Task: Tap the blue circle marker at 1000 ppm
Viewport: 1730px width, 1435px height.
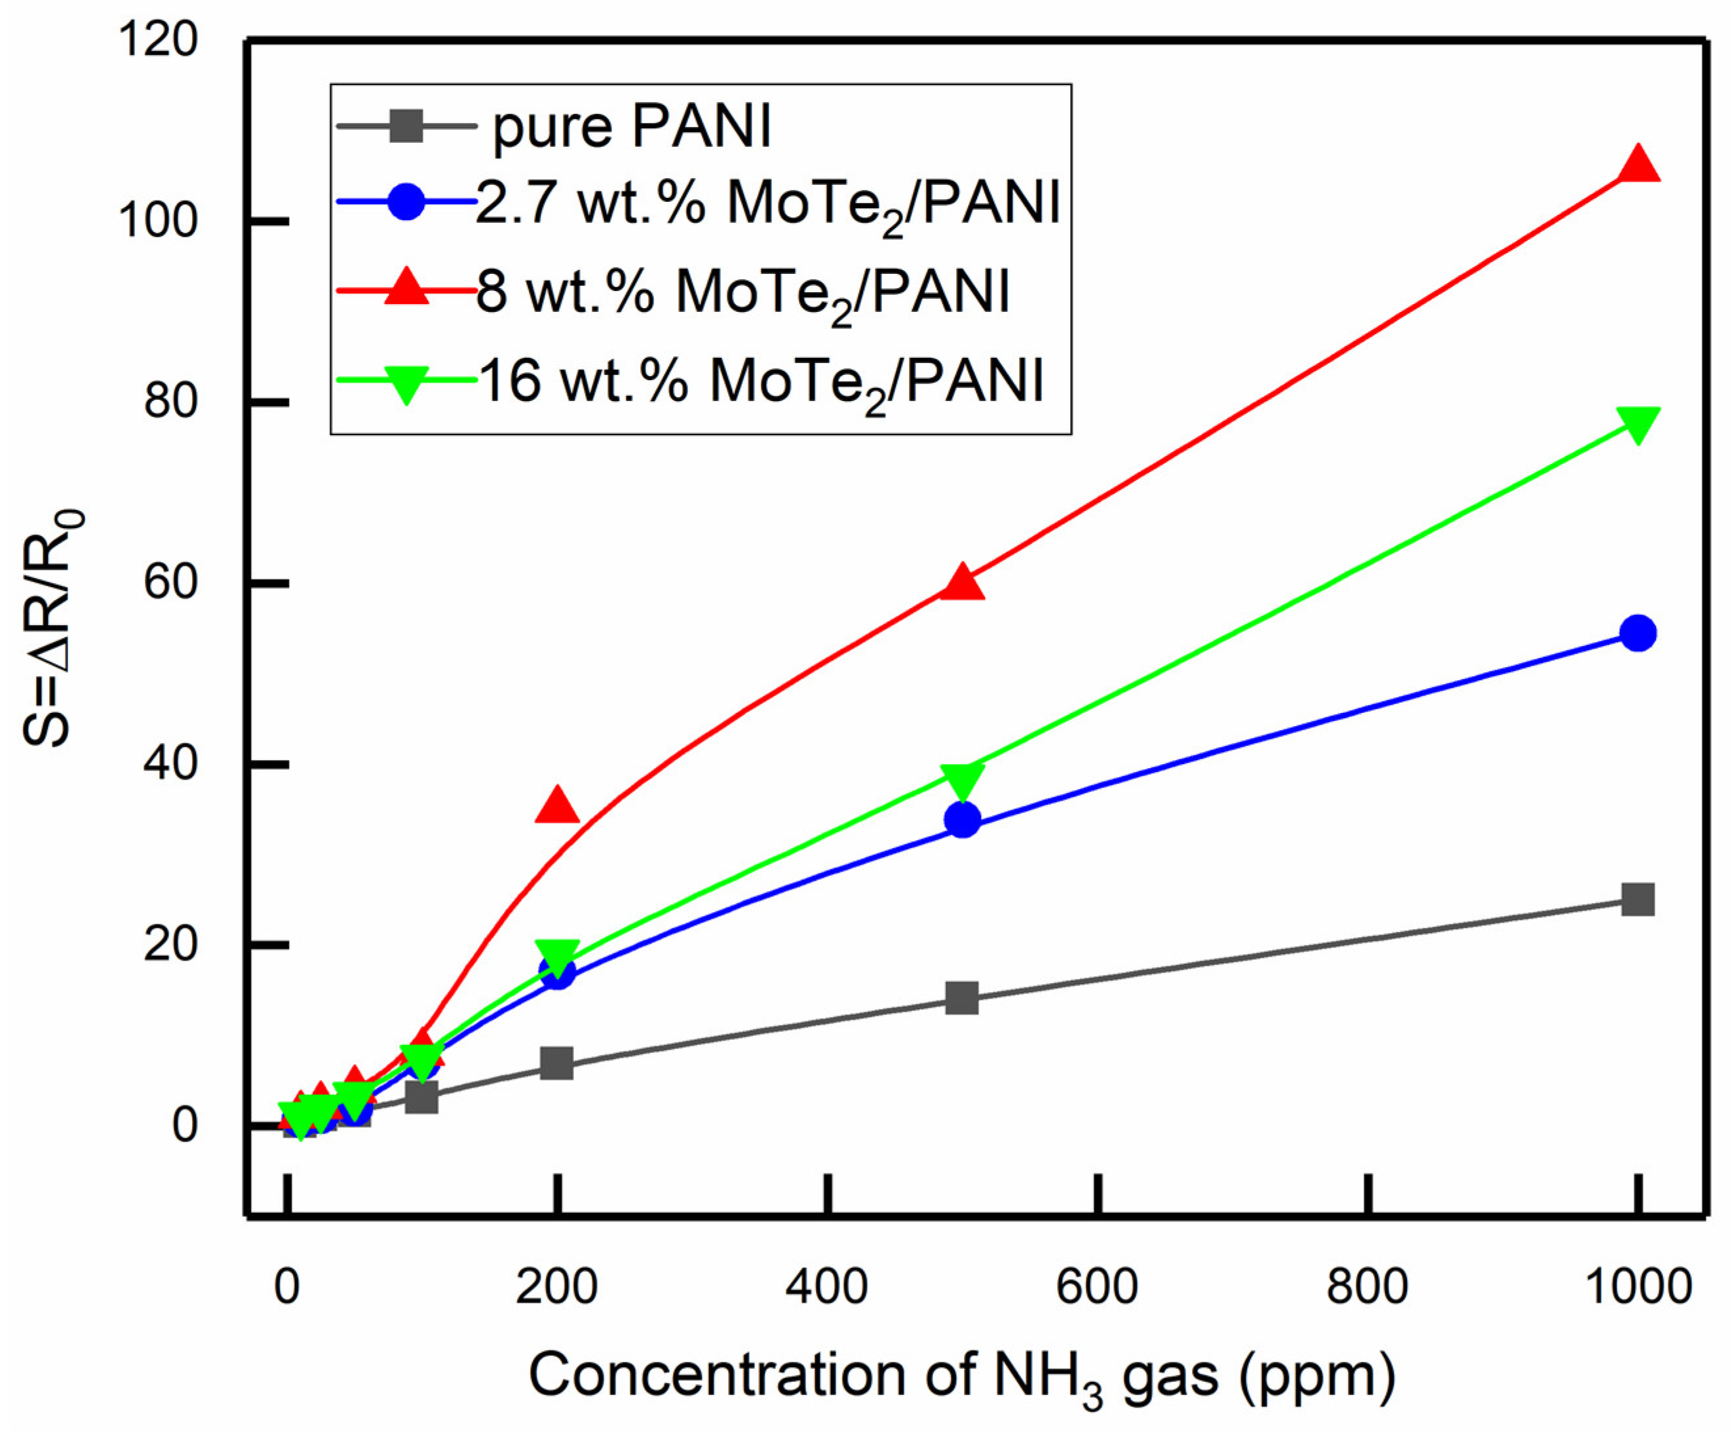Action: [1638, 633]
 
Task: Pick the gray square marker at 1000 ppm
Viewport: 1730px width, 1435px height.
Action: [1638, 900]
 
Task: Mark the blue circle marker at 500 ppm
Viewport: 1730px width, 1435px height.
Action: [962, 820]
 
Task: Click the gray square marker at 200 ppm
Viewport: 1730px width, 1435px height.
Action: [558, 1063]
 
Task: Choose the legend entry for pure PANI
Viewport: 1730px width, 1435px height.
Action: [631, 128]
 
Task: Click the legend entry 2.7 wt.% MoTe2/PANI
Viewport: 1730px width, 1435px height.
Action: [766, 204]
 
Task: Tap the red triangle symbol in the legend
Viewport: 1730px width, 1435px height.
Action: [407, 288]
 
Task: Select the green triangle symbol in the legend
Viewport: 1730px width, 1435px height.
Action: [407, 382]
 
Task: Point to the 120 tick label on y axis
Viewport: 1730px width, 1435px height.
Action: [158, 39]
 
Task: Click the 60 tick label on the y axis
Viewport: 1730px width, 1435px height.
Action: [170, 583]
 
